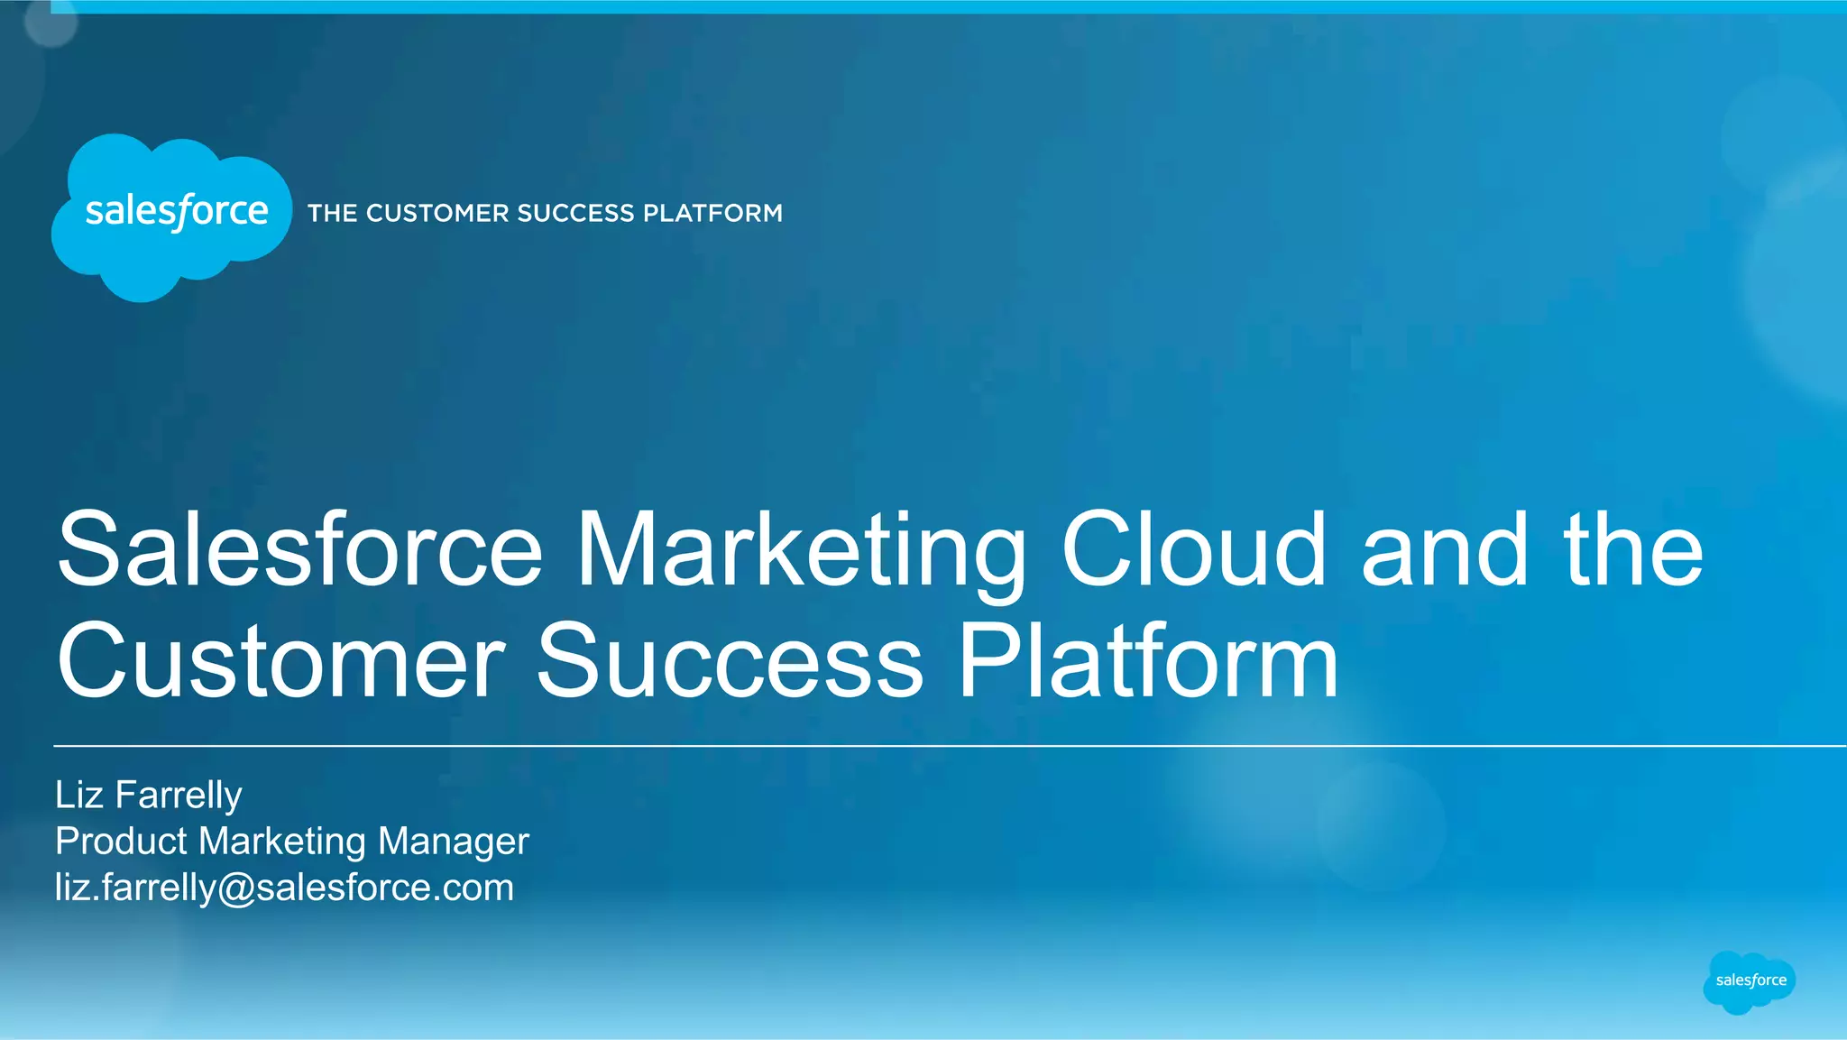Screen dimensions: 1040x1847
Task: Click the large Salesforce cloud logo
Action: pyautogui.click(x=172, y=216)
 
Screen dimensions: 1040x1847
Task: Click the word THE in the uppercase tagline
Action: pyautogui.click(x=333, y=214)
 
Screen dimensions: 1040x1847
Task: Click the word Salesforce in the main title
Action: pyautogui.click(x=299, y=550)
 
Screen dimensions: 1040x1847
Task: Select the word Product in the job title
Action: pyautogui.click(x=121, y=842)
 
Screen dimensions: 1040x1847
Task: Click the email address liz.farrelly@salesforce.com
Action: pyautogui.click(x=284, y=888)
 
